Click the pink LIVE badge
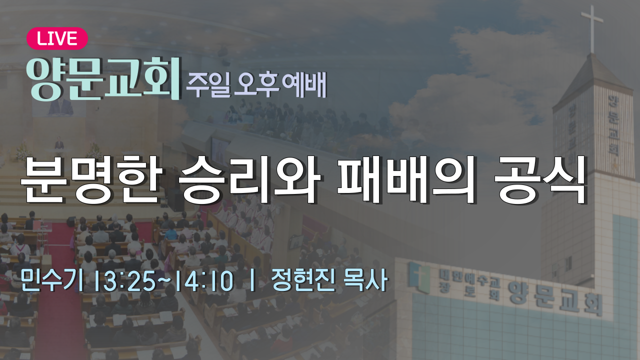[57, 38]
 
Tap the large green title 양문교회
[103, 78]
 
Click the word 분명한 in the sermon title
[91, 179]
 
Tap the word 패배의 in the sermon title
[407, 179]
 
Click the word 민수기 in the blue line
[51, 280]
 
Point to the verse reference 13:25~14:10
[165, 281]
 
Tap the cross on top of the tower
[591, 28]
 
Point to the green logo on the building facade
[419, 277]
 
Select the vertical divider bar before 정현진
[252, 281]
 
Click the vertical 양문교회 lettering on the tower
[613, 125]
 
